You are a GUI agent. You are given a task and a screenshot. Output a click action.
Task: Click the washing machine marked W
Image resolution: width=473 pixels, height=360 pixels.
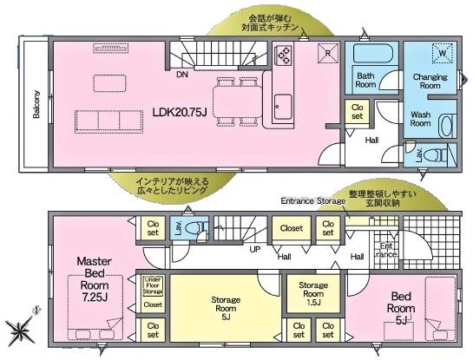442,52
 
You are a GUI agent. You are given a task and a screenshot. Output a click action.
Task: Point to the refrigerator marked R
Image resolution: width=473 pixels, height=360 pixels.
328,51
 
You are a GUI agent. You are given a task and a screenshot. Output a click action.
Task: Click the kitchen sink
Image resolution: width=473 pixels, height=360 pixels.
284,108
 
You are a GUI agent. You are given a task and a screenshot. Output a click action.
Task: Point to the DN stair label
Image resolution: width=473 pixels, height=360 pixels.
182,75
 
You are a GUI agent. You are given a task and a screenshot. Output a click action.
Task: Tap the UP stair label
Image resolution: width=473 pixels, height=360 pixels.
255,249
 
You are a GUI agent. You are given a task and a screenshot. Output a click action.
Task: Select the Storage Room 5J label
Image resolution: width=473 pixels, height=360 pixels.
227,309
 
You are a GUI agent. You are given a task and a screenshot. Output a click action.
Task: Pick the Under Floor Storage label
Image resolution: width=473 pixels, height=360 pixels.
153,285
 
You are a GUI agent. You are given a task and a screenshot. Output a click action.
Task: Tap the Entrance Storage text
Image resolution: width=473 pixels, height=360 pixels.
311,201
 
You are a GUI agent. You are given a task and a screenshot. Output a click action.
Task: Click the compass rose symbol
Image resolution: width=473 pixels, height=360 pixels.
20,330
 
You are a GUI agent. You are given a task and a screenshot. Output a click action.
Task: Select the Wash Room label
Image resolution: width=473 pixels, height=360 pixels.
421,118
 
